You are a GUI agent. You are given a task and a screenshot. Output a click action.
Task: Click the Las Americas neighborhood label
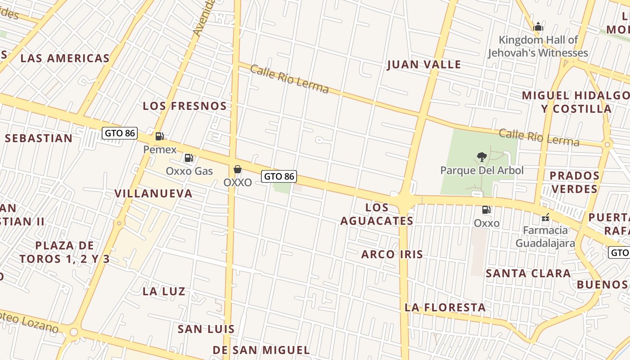pos(65,58)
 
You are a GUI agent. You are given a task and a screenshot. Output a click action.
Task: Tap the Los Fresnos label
pos(184,106)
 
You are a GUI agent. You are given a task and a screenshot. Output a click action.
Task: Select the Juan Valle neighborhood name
pos(424,65)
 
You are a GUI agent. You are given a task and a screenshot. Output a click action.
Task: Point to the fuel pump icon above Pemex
pos(159,136)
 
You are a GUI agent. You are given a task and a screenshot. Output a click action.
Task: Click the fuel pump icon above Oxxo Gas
pos(189,158)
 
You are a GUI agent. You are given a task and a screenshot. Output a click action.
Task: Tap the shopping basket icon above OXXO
pos(238,169)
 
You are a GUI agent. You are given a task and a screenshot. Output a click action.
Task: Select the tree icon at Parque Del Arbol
pos(482,157)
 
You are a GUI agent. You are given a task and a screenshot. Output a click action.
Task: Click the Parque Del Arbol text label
pos(482,171)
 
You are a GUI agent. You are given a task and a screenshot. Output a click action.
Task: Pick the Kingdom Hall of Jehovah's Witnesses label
pos(538,46)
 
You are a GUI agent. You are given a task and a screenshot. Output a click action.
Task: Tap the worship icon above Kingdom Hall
pos(538,27)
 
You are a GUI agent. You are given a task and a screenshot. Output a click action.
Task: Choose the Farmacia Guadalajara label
pos(545,237)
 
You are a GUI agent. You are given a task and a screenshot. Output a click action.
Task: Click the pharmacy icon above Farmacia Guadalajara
pos(545,218)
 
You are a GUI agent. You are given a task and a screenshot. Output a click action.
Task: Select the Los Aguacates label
pos(377,214)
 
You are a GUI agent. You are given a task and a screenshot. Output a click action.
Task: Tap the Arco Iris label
pos(392,254)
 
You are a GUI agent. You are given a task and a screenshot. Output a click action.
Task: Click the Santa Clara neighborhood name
pos(528,273)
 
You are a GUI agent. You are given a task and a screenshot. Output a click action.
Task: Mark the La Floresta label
pos(445,307)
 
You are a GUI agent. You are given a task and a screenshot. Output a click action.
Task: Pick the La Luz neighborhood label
pos(164,291)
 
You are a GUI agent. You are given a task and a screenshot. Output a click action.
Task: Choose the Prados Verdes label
pos(574,182)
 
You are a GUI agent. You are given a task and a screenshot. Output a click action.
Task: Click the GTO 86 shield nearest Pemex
pos(119,133)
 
